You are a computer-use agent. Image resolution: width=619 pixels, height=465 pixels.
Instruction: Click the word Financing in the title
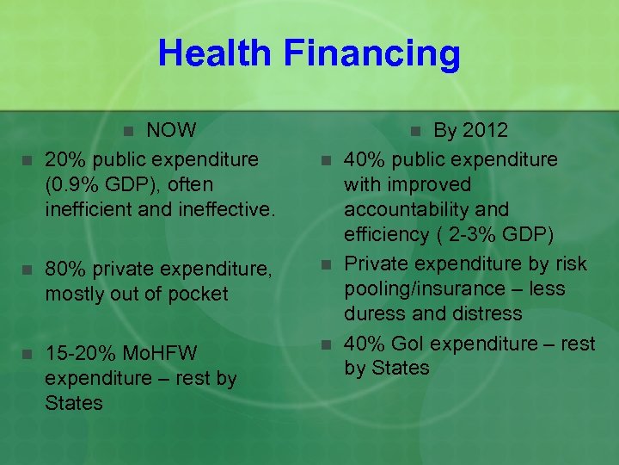(x=371, y=53)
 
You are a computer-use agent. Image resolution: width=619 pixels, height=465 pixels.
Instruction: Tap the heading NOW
(x=172, y=131)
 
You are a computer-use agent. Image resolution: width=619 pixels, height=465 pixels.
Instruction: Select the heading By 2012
(x=470, y=131)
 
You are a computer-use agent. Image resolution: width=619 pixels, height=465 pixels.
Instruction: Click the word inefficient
(x=91, y=209)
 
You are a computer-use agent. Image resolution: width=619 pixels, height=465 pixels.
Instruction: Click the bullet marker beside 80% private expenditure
(x=26, y=270)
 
